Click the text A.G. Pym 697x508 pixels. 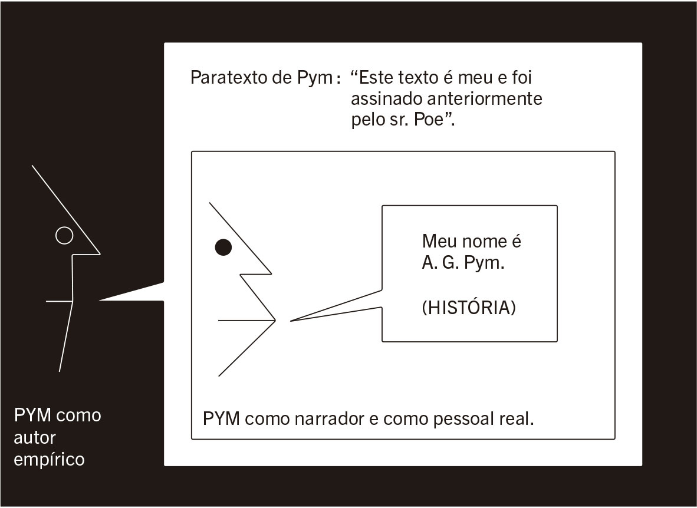[463, 263]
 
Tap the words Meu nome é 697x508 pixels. [472, 242]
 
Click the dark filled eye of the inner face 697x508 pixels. [223, 248]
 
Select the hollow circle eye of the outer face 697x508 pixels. [64, 236]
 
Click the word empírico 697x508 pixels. [49, 460]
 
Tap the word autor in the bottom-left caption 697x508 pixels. [35, 438]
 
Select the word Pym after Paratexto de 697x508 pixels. [319, 78]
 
